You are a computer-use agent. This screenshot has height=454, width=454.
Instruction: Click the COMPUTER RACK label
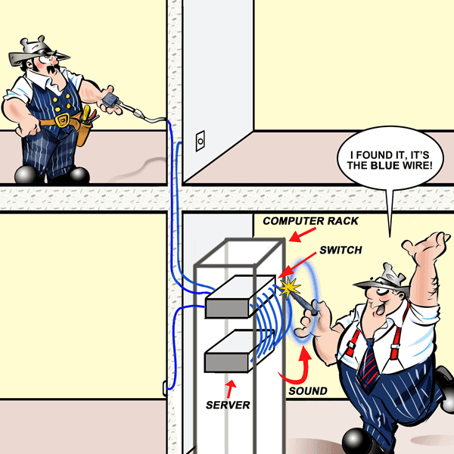coord(310,221)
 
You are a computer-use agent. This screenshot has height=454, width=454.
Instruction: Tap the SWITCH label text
coord(340,250)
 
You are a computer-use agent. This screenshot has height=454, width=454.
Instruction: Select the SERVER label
coord(228,405)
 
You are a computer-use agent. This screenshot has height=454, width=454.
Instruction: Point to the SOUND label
coord(308,391)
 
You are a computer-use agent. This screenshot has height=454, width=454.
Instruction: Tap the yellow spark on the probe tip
coord(288,288)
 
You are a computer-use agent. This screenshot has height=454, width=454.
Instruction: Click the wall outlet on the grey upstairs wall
coord(201,141)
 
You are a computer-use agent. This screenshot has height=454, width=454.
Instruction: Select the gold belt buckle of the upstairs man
coord(62,120)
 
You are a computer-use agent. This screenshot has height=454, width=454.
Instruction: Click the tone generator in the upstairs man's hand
coord(110,100)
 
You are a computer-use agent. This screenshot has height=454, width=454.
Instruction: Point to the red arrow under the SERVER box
coord(231,389)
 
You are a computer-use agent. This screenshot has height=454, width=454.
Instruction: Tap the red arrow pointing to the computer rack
coord(302,235)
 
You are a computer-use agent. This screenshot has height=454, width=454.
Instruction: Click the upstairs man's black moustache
coord(52,70)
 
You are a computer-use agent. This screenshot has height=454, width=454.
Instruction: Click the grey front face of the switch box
coord(227,309)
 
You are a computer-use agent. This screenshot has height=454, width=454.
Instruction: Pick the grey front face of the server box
coord(226,362)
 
